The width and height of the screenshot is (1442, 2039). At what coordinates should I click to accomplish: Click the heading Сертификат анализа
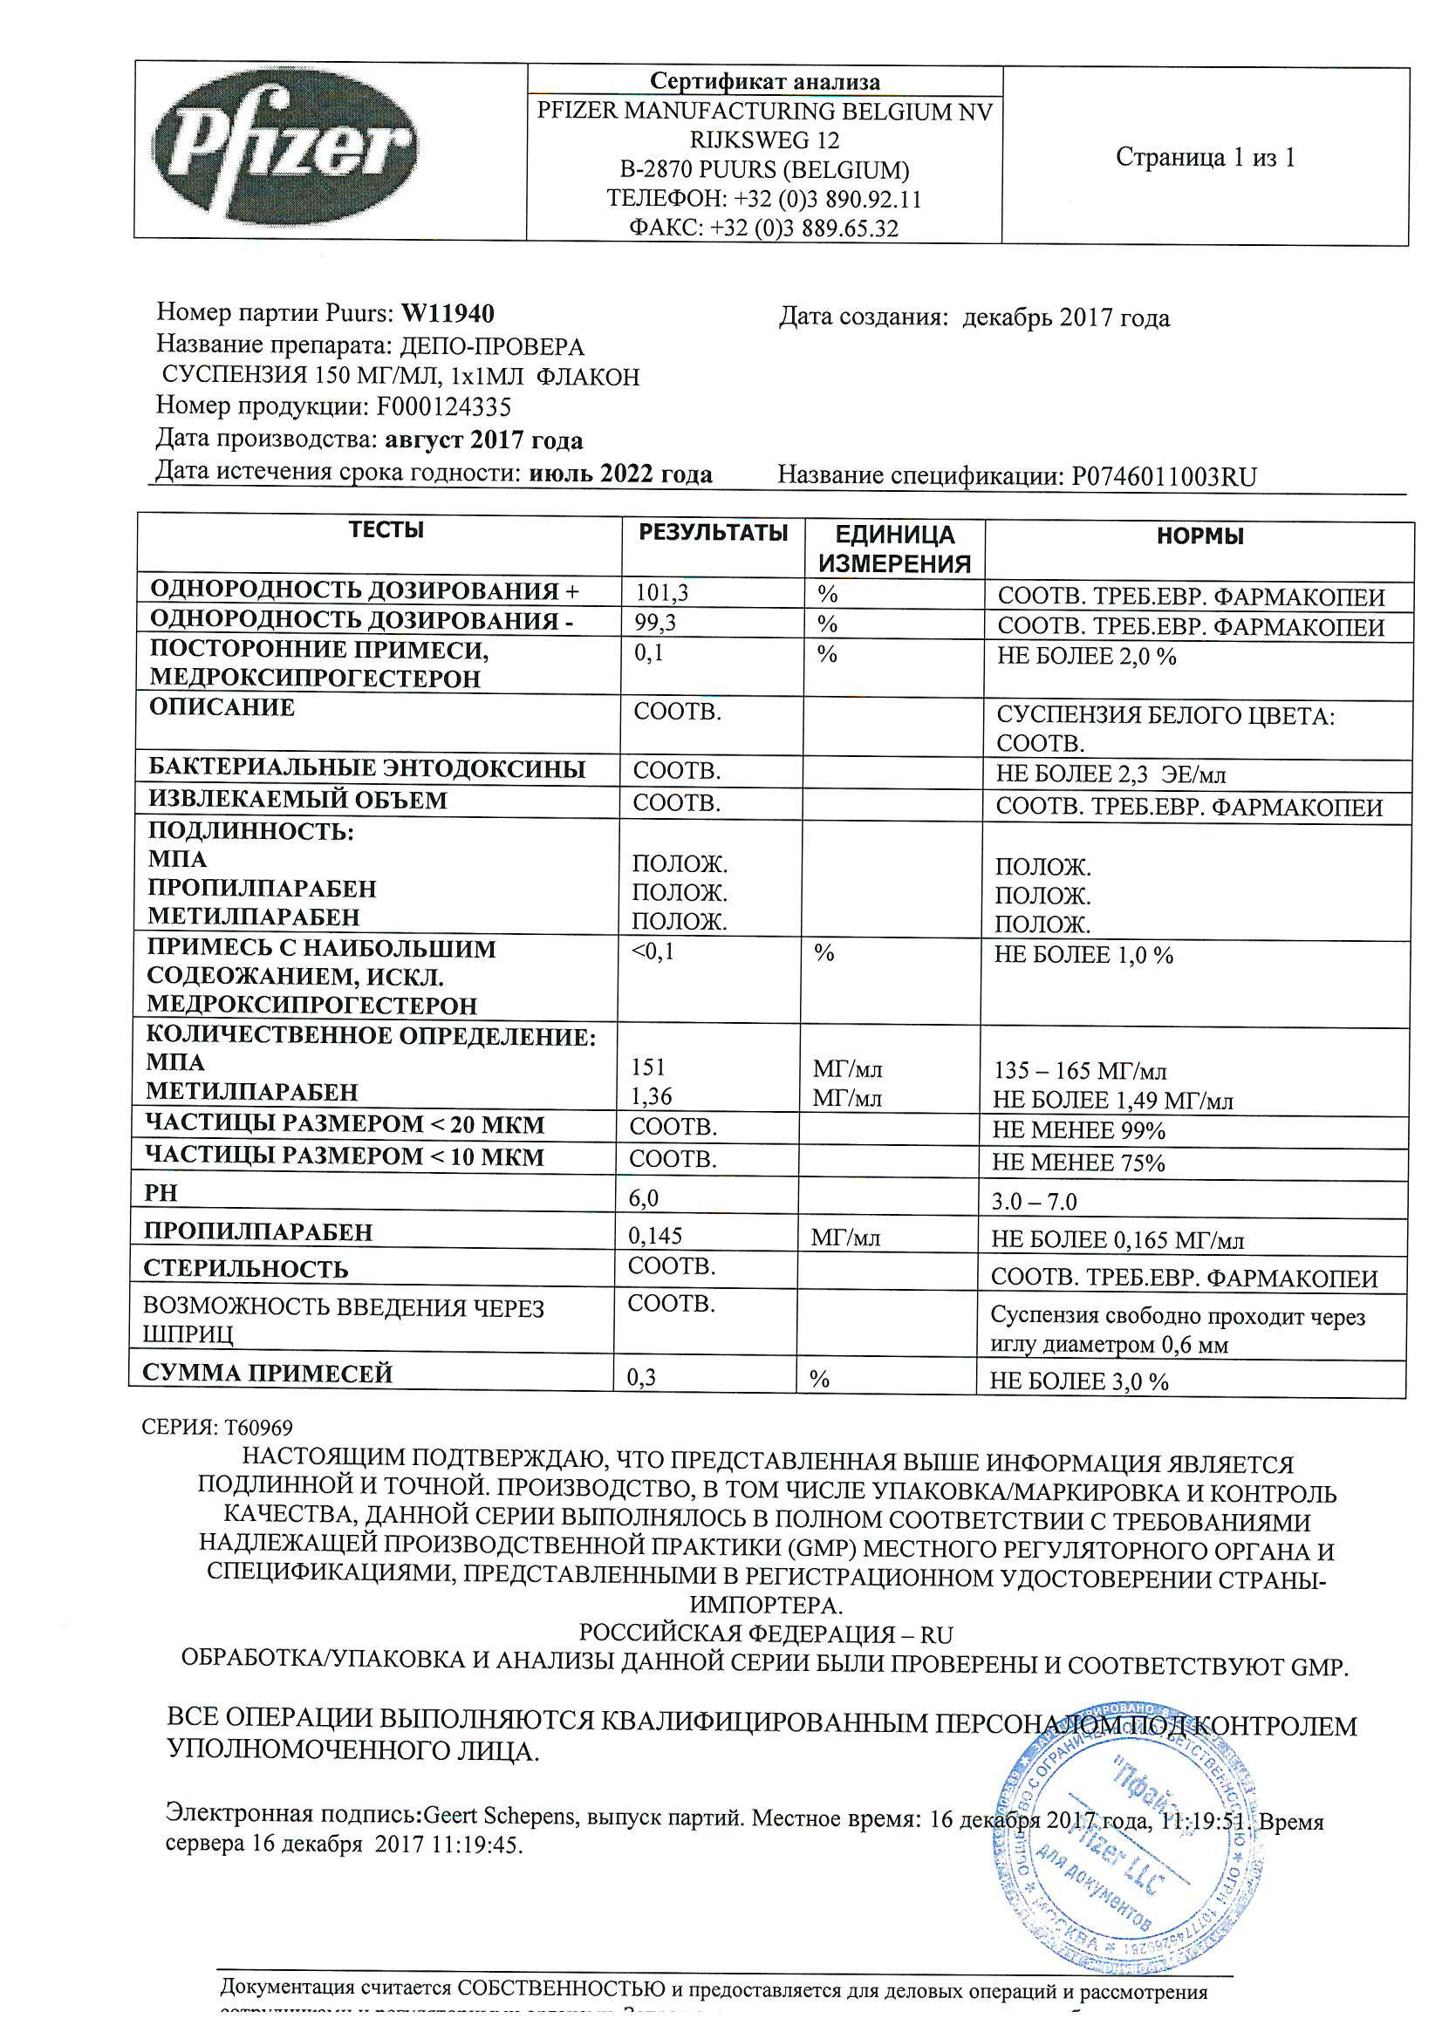point(764,82)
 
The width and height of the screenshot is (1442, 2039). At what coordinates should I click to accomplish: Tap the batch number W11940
point(448,313)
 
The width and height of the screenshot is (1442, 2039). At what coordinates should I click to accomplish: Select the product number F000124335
point(443,407)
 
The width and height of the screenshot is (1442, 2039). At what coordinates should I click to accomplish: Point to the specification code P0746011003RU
point(1164,477)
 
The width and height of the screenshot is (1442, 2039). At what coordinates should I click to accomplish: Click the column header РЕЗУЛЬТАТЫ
point(713,533)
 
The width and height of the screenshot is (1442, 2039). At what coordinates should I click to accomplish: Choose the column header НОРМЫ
point(1199,536)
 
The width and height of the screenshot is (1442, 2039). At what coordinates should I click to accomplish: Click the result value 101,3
point(662,592)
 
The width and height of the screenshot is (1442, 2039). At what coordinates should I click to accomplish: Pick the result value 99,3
point(655,623)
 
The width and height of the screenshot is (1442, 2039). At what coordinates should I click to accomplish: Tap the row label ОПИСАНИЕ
point(222,708)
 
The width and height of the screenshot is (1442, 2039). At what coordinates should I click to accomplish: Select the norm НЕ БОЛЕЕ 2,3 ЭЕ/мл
point(1111,774)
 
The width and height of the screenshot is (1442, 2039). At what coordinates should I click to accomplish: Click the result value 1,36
point(652,1097)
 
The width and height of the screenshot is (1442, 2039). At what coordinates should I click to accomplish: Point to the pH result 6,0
point(643,1199)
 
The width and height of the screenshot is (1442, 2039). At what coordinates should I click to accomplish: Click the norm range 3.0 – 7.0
point(1035,1202)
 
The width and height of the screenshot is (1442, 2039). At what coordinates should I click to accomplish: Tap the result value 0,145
point(656,1236)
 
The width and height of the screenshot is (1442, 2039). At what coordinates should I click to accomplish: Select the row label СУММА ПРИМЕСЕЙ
point(268,1373)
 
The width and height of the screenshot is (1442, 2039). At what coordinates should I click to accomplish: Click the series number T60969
point(257,1427)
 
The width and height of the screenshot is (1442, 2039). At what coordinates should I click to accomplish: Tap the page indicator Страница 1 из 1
point(1205,158)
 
